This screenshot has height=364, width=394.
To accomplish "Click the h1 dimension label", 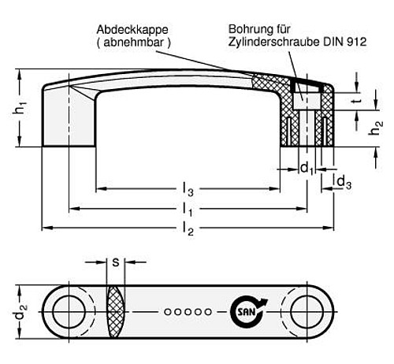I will [21, 110].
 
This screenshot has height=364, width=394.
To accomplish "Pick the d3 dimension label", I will [344, 183].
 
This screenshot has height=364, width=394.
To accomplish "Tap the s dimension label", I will [115, 262].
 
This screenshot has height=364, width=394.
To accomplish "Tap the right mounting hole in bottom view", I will [305, 310].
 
